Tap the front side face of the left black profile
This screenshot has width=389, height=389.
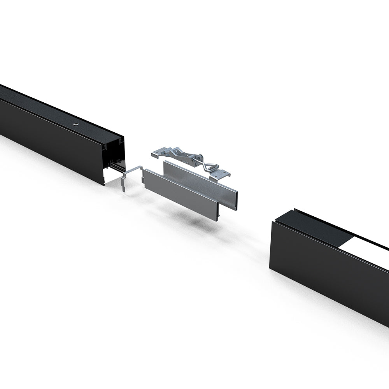pos(51,140)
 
